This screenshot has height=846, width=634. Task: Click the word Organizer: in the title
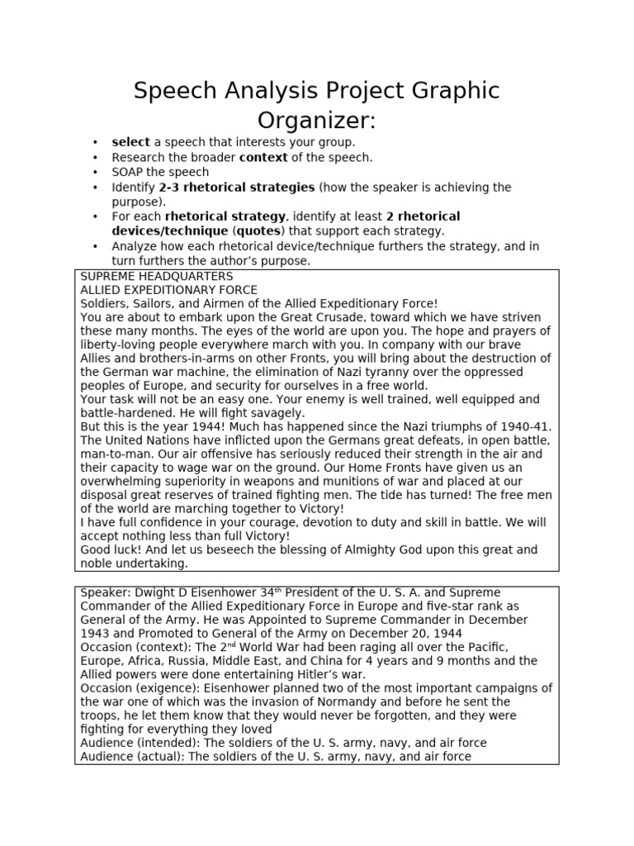coord(316,120)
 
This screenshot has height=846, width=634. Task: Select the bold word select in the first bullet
coord(130,142)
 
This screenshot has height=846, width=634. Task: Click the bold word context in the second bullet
coord(263,157)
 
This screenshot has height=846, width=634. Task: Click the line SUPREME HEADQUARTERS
coord(157,276)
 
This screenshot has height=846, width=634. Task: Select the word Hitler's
coord(340,674)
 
